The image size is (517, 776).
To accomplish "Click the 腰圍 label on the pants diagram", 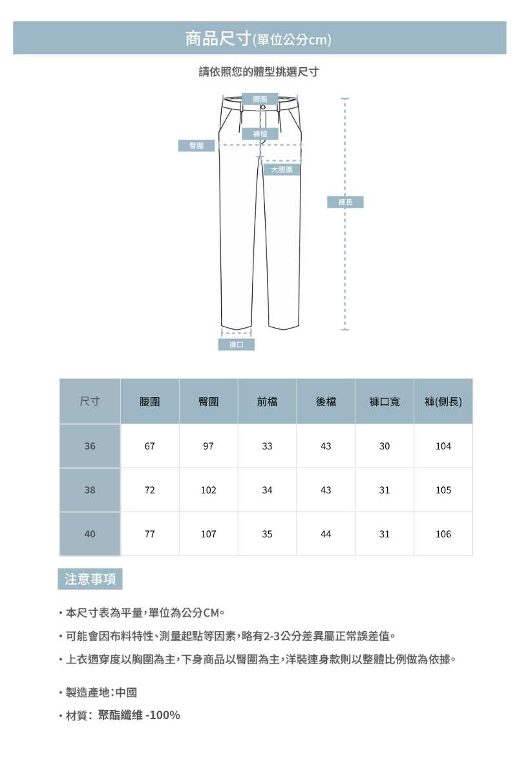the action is point(261,98).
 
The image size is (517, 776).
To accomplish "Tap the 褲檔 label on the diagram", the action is point(261,134).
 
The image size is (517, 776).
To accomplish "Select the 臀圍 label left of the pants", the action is point(196,145).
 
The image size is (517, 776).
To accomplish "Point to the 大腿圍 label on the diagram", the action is point(282,169).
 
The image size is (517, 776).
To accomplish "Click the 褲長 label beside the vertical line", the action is point(346,202).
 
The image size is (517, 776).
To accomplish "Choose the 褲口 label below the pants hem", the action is point(237,345).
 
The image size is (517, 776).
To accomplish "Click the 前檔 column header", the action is point(267,402).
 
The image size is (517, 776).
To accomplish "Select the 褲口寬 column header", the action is point(385,402).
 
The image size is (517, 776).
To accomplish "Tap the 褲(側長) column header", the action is point(443,402).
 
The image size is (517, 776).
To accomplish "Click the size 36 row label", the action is point(90,446).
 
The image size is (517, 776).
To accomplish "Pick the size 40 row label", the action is point(90,534).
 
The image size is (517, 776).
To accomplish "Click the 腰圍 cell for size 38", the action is point(150,490).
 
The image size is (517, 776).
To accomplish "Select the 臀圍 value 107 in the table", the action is point(208,534).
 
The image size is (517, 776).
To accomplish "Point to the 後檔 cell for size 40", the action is point(326,534).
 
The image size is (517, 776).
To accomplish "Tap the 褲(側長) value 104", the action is point(443,446).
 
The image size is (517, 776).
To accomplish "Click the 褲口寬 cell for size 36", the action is point(385,446).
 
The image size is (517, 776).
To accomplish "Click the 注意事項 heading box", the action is point(90,579).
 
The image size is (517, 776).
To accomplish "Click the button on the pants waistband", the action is point(263,106).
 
